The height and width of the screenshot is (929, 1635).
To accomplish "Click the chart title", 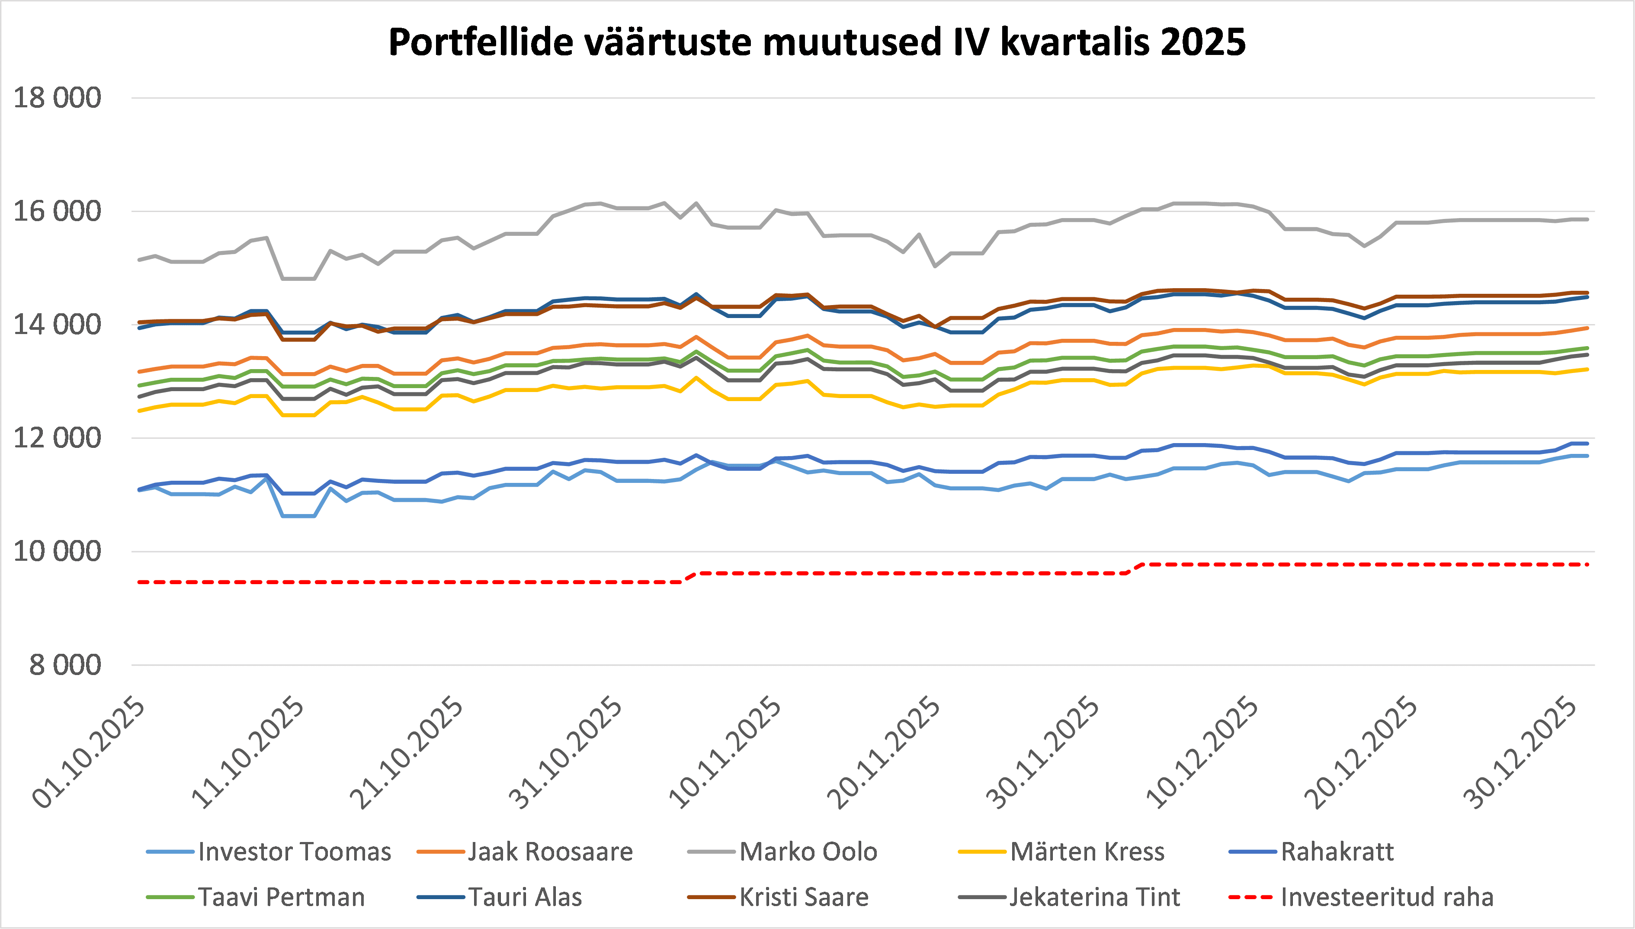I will click(817, 42).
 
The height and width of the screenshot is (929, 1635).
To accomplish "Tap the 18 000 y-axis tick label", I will click(58, 98).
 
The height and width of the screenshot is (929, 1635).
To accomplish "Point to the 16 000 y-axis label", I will click(58, 211).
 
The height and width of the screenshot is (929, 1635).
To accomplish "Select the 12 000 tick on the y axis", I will click(58, 438).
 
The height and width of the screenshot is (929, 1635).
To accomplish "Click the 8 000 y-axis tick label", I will click(65, 665).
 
